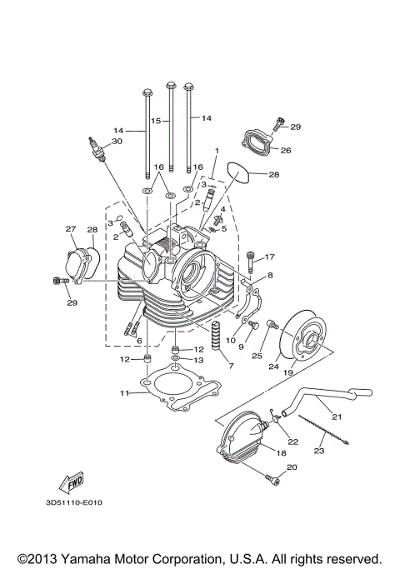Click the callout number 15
pos(154,120)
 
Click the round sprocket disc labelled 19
pos(302,337)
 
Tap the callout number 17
pos(270,257)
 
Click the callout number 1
pos(216,151)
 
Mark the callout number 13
pos(198,360)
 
